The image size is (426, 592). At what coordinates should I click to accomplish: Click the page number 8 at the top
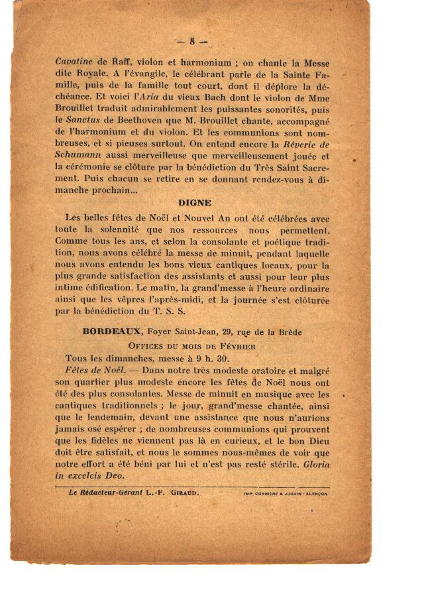click(x=192, y=41)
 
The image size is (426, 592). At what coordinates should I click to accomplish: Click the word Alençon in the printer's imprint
click(x=314, y=494)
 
